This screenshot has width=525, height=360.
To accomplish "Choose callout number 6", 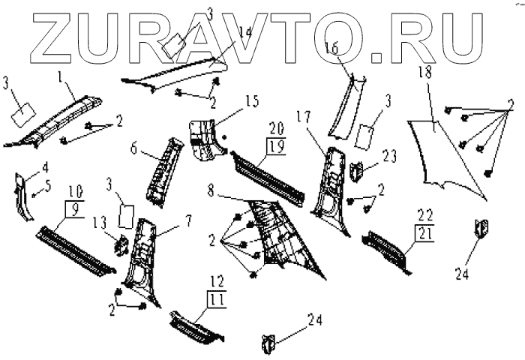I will click(134, 148).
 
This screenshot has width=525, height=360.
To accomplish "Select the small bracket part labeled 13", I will click(118, 244).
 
